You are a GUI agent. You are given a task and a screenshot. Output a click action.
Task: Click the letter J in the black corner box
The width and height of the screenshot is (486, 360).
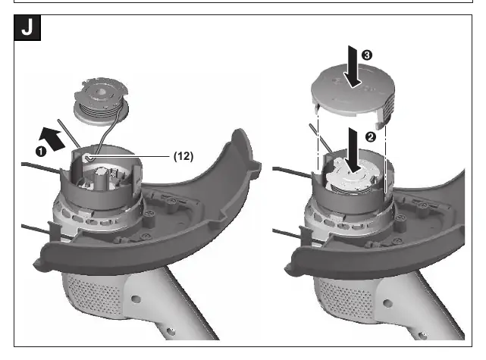tap(27, 27)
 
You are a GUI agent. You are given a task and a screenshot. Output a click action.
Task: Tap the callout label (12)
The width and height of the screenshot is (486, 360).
tap(183, 156)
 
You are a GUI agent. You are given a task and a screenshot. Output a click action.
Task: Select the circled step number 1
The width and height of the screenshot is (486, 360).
tap(41, 152)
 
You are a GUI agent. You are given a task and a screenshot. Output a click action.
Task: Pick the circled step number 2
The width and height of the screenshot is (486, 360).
tap(371, 136)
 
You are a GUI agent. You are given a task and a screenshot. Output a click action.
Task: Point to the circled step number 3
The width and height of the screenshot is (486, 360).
tap(367, 55)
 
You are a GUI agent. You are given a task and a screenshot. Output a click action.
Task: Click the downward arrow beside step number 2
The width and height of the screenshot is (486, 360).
tap(353, 149)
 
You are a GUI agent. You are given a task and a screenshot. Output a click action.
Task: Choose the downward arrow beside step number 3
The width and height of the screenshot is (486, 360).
tap(353, 67)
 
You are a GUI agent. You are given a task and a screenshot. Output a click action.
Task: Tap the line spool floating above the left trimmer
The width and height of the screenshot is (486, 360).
tap(101, 102)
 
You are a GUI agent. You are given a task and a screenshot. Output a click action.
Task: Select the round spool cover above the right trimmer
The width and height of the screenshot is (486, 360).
tap(353, 93)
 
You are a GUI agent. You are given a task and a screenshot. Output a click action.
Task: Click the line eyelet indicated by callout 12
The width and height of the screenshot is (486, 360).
tap(88, 158)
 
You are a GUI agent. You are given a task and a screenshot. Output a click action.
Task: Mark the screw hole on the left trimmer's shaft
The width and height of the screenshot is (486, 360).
tap(136, 299)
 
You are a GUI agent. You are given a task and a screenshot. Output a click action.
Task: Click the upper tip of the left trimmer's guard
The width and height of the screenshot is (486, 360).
tap(240, 131)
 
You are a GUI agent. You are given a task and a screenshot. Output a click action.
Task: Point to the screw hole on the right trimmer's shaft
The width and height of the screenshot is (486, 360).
tap(387, 302)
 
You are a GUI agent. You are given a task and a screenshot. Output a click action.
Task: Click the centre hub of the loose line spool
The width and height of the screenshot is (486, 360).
tap(101, 92)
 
